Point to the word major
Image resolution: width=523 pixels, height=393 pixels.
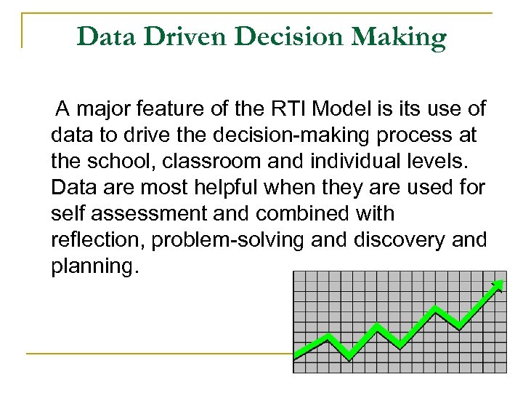(102, 110)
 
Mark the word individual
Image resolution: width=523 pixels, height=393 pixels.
(358, 162)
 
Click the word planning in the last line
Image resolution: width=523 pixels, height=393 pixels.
(93, 267)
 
